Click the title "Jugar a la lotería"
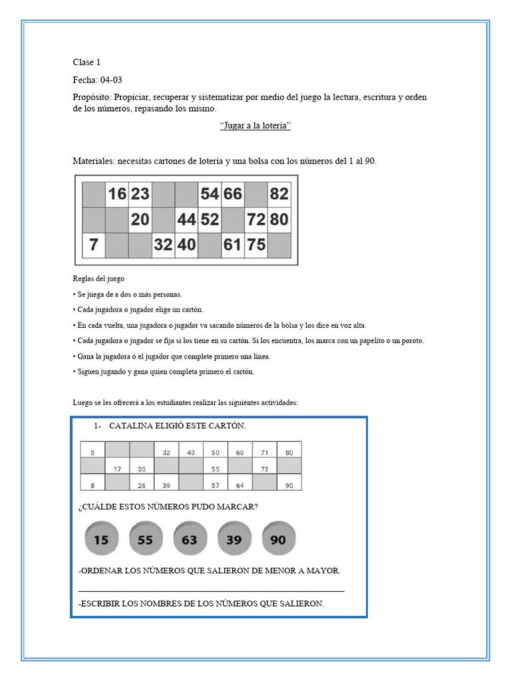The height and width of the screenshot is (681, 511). (255, 126)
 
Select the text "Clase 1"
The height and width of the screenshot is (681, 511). (86, 63)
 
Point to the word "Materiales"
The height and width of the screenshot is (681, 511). (94, 161)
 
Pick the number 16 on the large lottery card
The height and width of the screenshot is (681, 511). (116, 194)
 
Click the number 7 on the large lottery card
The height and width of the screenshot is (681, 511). (94, 245)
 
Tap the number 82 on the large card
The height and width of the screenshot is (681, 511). (279, 194)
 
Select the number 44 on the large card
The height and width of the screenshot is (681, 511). (186, 219)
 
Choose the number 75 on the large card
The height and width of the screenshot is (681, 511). (256, 245)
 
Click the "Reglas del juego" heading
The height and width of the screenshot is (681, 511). (98, 279)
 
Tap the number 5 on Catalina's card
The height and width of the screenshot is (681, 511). (92, 452)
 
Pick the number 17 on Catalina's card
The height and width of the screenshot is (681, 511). (117, 469)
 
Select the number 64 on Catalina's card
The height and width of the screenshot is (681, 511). (240, 485)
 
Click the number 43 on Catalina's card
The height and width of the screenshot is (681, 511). (191, 452)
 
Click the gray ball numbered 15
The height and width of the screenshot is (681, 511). (102, 539)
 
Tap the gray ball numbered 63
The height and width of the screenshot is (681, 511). (190, 539)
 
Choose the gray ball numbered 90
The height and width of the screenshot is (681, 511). (278, 539)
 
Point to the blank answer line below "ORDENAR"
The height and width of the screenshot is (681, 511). (212, 589)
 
